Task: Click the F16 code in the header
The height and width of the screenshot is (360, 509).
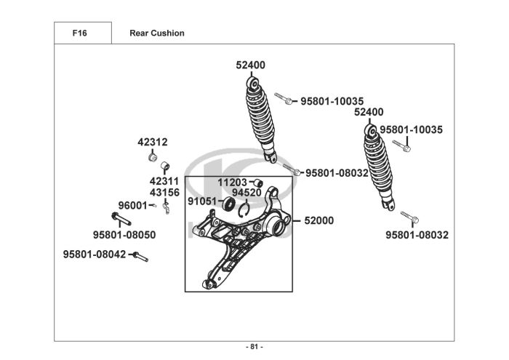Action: point(80,33)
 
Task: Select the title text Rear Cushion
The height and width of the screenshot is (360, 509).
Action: point(156,33)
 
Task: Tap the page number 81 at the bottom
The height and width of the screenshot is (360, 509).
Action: point(254,346)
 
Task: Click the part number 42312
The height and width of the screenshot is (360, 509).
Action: point(153,142)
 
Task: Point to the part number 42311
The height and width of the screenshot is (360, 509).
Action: point(164,180)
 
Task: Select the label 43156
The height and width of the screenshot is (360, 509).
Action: point(164,192)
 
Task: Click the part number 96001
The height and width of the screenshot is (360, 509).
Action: point(132,206)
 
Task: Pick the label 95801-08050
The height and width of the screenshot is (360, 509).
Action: point(124,235)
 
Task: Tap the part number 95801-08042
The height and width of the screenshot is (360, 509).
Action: point(95,255)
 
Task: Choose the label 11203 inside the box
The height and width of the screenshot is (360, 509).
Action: point(233,182)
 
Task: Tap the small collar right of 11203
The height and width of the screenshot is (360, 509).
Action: point(258,182)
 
